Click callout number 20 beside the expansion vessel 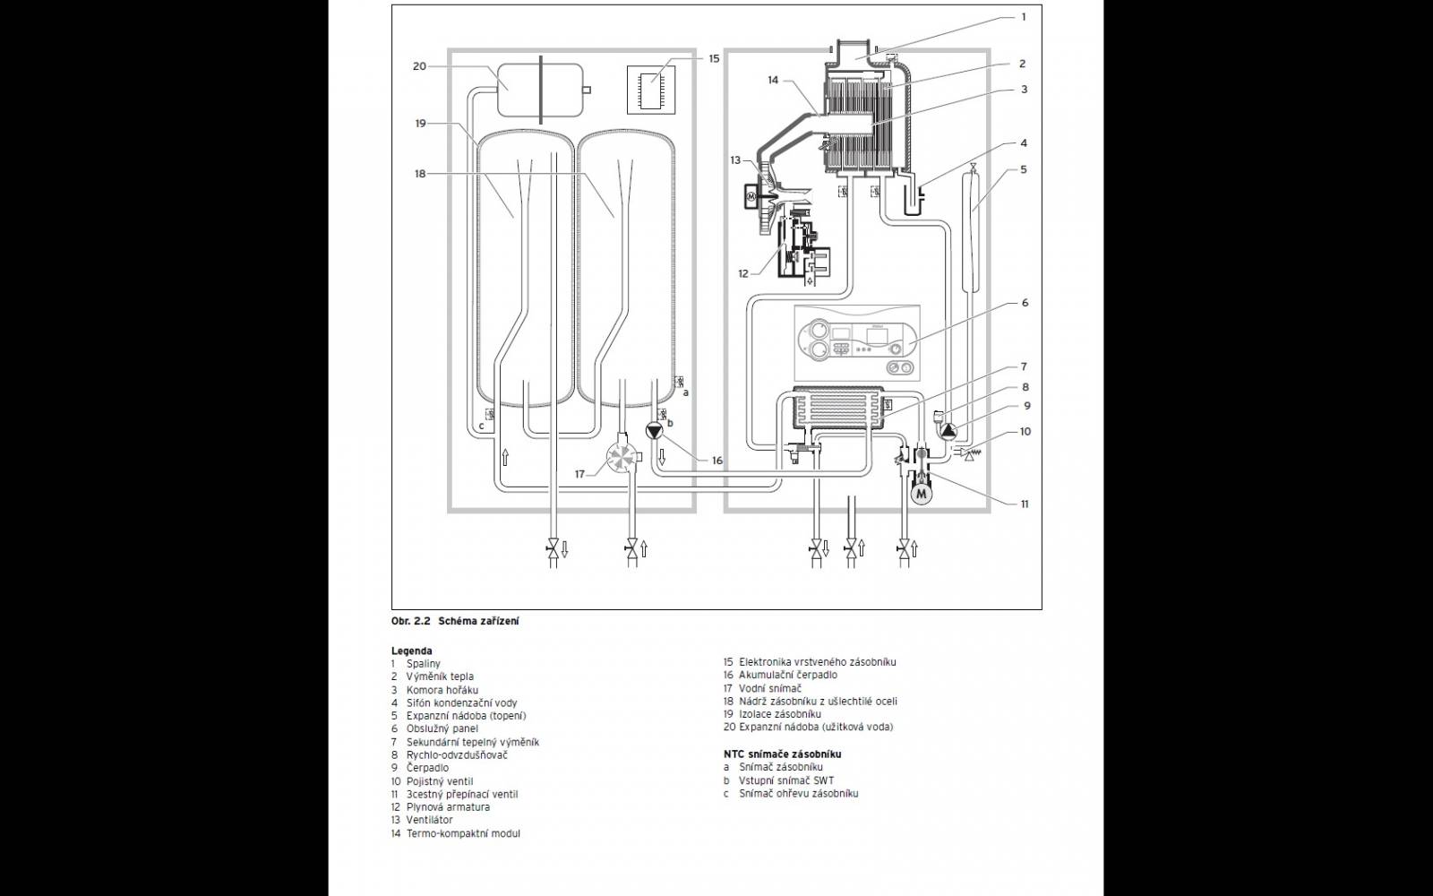pyautogui.click(x=419, y=66)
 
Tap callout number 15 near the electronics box pyautogui.click(x=714, y=58)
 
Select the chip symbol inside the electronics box pyautogui.click(x=651, y=90)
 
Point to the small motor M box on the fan pyautogui.click(x=751, y=194)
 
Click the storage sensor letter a pyautogui.click(x=686, y=392)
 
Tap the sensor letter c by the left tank pyautogui.click(x=481, y=426)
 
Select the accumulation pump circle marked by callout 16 pyautogui.click(x=655, y=431)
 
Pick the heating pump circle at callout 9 pyautogui.click(x=948, y=431)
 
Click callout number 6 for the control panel pyautogui.click(x=1025, y=302)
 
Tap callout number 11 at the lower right pyautogui.click(x=1025, y=504)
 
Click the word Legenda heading pyautogui.click(x=411, y=650)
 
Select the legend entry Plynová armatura pyautogui.click(x=448, y=807)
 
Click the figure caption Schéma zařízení pyautogui.click(x=478, y=621)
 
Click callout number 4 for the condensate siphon pyautogui.click(x=1025, y=142)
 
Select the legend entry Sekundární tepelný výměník pyautogui.click(x=473, y=742)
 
